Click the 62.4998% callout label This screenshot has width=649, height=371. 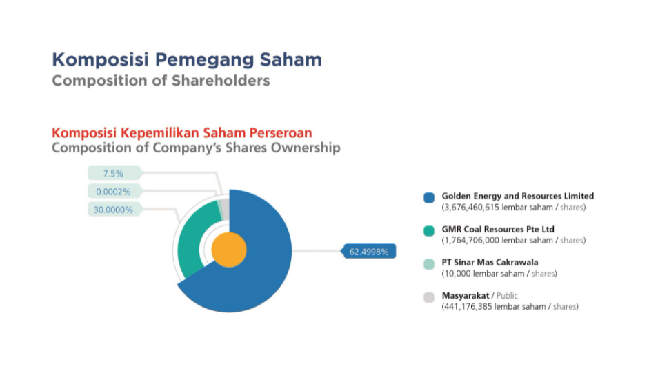[x=368, y=251]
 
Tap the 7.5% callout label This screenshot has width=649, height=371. [x=113, y=173]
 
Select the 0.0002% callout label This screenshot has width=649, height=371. [x=113, y=191]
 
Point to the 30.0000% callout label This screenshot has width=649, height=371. [x=113, y=210]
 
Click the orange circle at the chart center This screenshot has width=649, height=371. [x=229, y=250]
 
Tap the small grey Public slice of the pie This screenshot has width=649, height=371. [x=225, y=207]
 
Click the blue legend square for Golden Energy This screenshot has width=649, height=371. [x=429, y=197]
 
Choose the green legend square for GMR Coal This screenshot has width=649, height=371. [x=429, y=230]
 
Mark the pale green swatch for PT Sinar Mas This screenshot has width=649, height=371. [x=429, y=263]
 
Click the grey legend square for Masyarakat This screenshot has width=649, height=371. [x=429, y=297]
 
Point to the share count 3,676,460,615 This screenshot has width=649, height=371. [x=472, y=207]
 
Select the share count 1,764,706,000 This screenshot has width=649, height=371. [x=472, y=240]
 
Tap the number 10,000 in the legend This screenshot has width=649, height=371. [x=457, y=273]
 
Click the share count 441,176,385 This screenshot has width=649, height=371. [x=468, y=306]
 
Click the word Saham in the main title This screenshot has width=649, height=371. [x=290, y=59]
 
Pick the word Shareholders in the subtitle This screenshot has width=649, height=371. [x=221, y=80]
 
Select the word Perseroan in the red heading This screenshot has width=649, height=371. [x=281, y=133]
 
